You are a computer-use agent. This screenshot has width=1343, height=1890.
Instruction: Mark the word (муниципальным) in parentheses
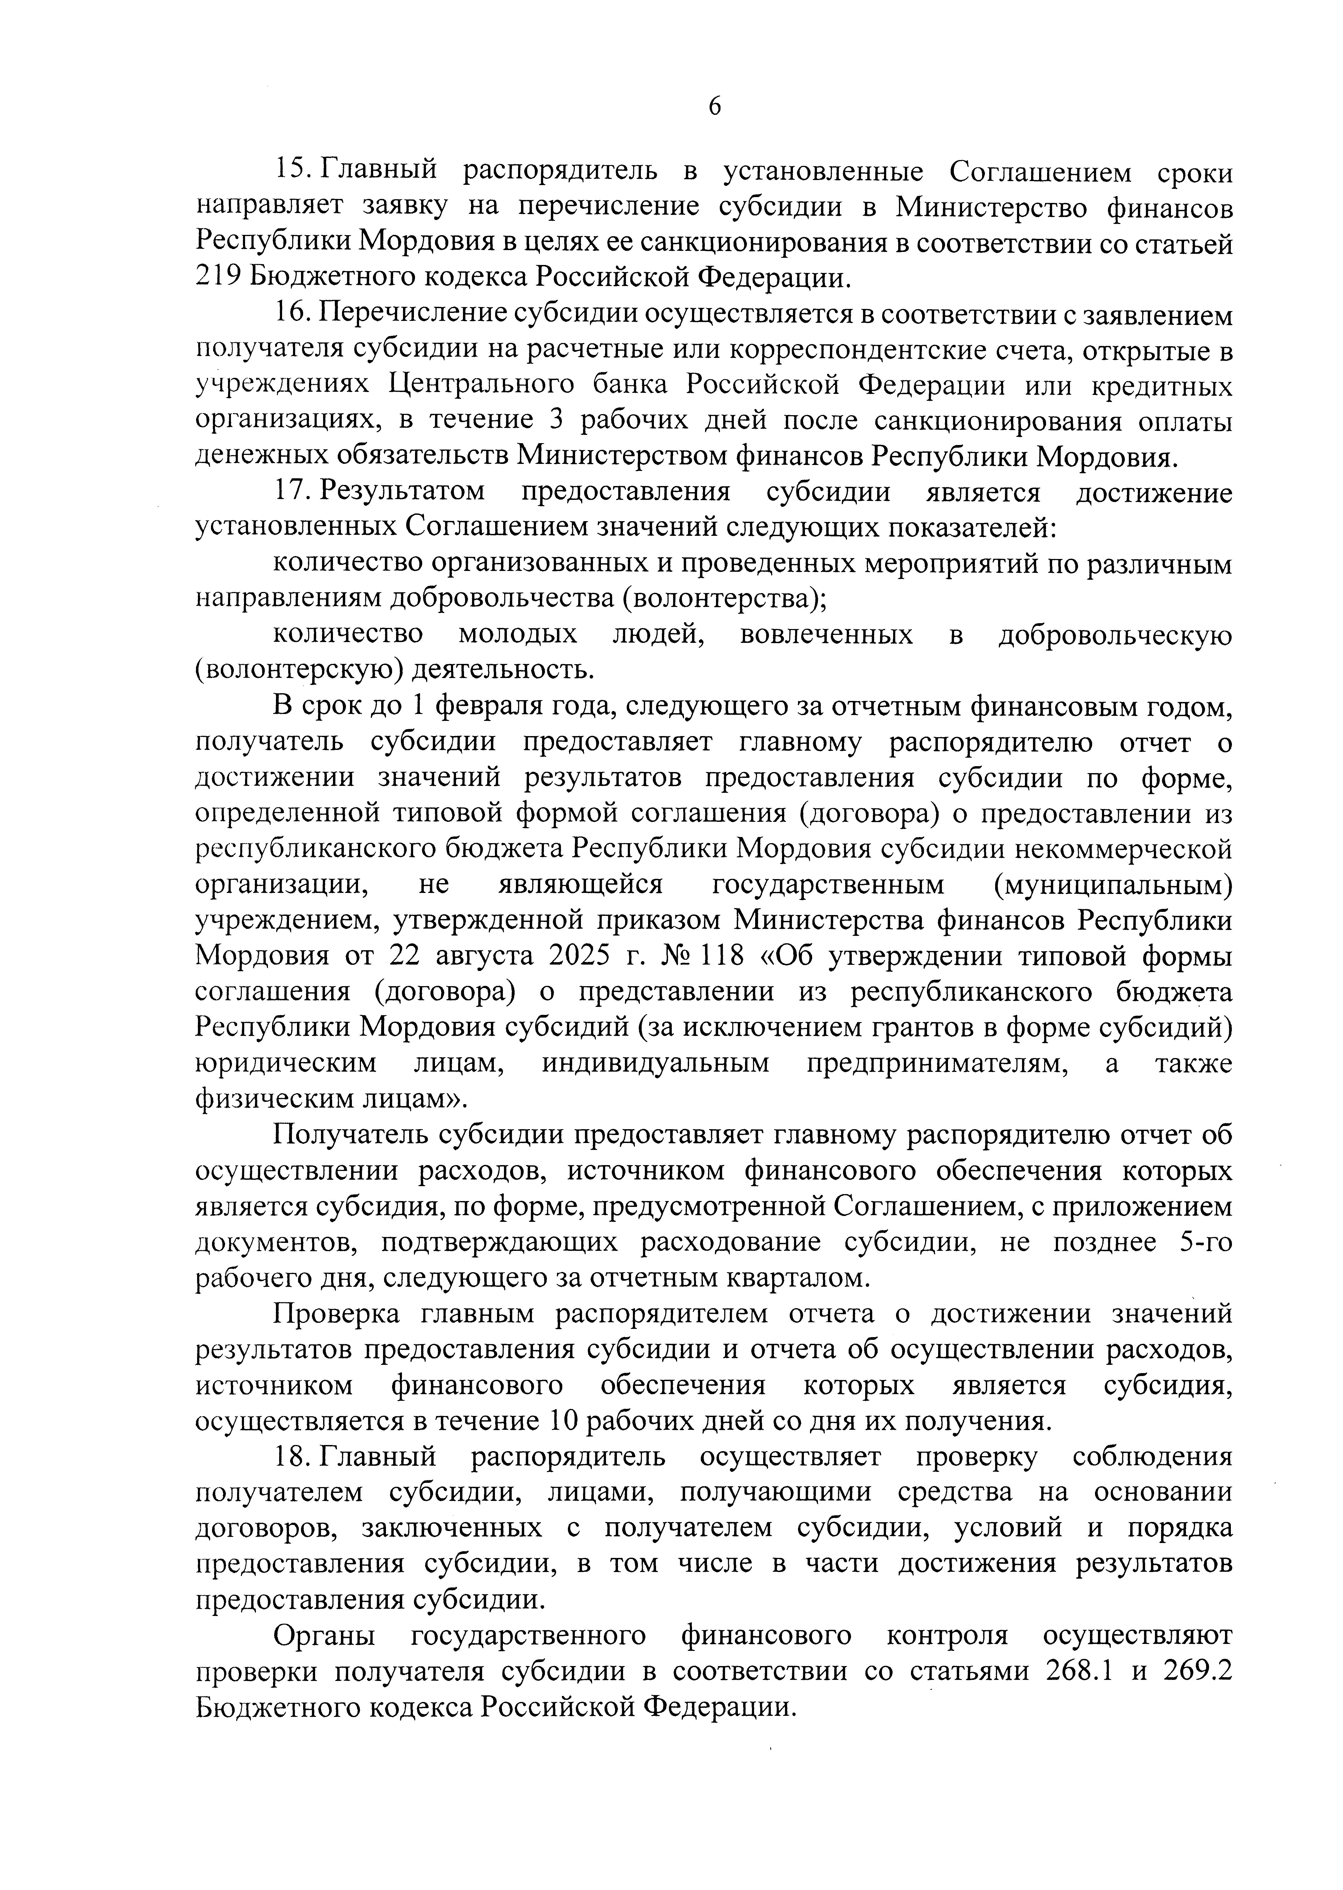[1113, 885]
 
